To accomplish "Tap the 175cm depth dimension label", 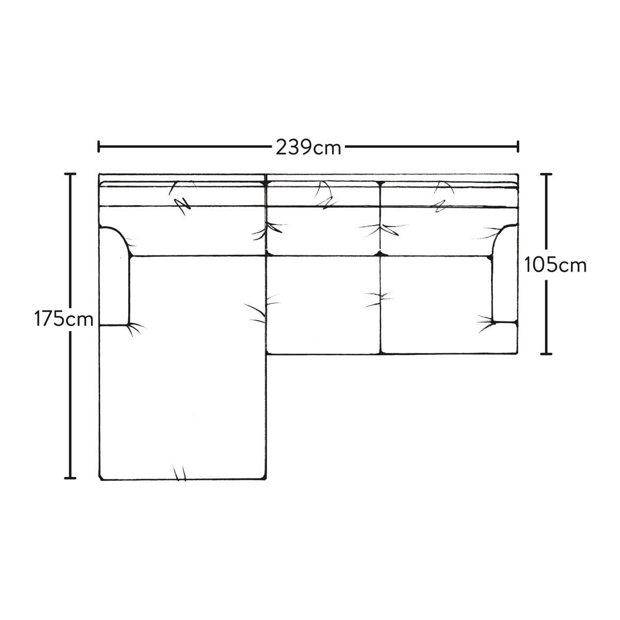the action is pyautogui.click(x=64, y=319).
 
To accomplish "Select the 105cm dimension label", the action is pyautogui.click(x=555, y=266).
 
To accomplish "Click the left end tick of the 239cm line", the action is pyautogui.click(x=99, y=146).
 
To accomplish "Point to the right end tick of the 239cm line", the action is pyautogui.click(x=518, y=146).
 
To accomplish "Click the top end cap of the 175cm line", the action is pyautogui.click(x=70, y=174).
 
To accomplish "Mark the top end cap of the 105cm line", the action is pyautogui.click(x=546, y=174).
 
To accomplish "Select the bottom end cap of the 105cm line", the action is pyautogui.click(x=546, y=354).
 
